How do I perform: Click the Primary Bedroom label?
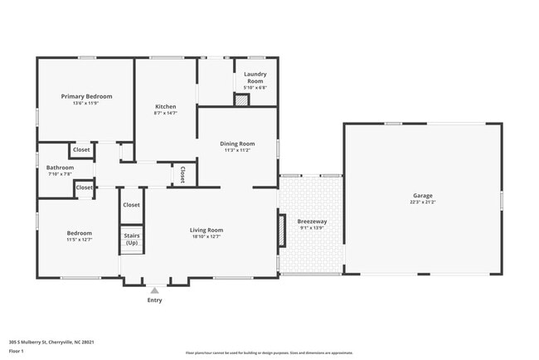point(86,96)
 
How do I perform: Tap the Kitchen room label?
point(166,106)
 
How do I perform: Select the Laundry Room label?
point(255,77)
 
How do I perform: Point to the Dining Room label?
point(237,144)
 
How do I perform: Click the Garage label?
point(423,196)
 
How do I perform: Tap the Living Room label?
point(206,230)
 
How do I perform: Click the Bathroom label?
point(60,168)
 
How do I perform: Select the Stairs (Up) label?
point(132,239)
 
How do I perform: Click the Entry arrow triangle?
point(154,290)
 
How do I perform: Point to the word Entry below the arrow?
point(154,300)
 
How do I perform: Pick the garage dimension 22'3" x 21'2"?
point(423,202)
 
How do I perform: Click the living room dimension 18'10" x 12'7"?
point(206,236)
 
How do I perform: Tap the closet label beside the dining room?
point(182,174)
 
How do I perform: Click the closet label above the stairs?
point(132,204)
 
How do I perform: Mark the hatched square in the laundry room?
point(240,100)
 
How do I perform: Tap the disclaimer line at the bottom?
point(269,352)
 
